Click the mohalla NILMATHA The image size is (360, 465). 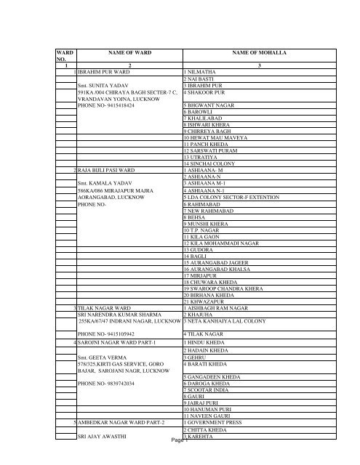(206, 73)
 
